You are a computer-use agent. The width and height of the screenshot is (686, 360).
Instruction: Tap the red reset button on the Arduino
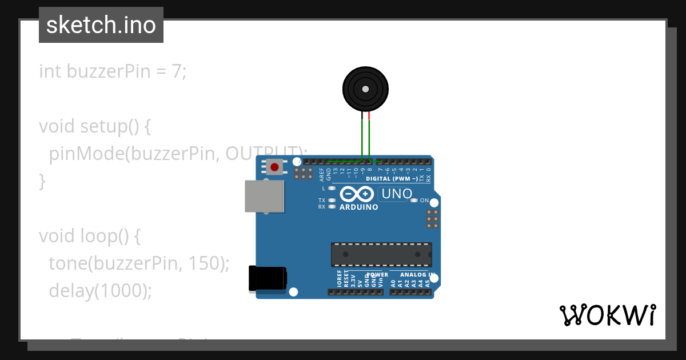274,167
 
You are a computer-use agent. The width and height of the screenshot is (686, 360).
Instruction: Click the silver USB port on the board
264,197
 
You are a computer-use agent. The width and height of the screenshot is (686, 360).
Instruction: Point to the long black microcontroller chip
381,254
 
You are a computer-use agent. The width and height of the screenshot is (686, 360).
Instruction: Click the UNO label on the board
397,194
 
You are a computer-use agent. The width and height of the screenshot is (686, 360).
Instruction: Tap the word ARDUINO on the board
359,207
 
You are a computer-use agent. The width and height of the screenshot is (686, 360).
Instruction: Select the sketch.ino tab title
101,25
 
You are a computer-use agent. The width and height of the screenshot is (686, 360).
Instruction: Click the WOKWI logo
608,315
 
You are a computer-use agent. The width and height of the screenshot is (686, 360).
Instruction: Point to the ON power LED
414,201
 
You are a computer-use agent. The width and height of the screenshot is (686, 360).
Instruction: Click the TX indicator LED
332,201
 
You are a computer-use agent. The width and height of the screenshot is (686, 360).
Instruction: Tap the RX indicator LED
332,207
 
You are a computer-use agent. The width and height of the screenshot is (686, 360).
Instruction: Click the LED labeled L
332,188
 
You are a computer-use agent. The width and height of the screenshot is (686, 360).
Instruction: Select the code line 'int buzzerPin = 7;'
113,71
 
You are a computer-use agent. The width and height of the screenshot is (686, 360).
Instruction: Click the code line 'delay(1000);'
101,291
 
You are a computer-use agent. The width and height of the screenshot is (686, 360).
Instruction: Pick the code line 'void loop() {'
89,236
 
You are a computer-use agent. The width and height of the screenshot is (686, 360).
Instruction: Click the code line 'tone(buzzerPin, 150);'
139,263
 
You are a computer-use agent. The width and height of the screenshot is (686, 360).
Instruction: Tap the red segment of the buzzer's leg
369,116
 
